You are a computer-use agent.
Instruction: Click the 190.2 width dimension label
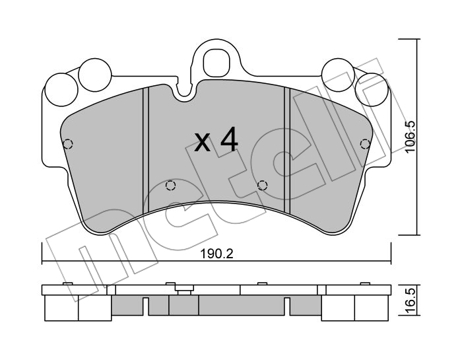point(217,254)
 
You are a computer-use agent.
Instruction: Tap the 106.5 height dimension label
point(410,137)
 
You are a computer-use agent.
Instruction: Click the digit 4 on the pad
point(229,139)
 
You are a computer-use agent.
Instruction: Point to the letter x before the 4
point(203,143)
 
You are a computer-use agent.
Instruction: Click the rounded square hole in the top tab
point(216,63)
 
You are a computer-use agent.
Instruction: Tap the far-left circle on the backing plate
point(61,90)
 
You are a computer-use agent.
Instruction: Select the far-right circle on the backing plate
point(372,90)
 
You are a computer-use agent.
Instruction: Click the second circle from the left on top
point(96,74)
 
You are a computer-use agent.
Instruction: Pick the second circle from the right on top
point(338,74)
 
